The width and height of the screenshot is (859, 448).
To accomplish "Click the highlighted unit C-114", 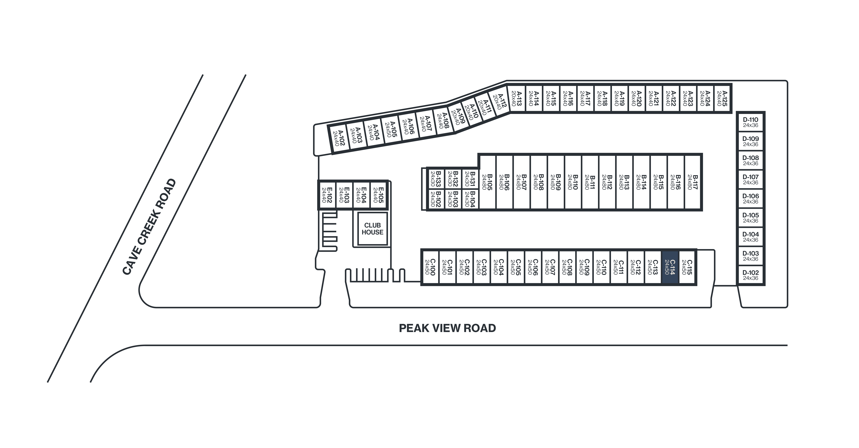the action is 670,267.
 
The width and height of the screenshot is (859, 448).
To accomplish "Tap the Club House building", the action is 372,229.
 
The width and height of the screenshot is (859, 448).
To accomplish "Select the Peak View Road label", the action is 447,328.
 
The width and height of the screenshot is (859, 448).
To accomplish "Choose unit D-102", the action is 750,275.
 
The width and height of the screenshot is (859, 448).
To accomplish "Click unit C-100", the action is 430,267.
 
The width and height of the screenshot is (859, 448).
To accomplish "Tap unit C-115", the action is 687,267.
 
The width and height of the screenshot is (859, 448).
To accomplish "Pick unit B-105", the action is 487,182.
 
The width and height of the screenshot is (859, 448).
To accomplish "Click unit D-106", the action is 750,199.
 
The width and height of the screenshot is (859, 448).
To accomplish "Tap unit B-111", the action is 590,182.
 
